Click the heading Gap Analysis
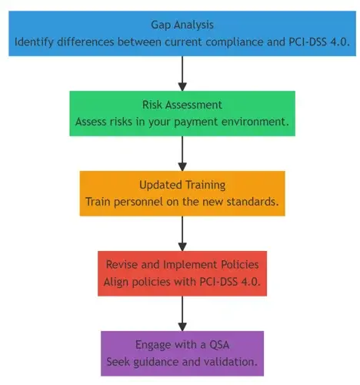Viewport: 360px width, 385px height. coord(182,25)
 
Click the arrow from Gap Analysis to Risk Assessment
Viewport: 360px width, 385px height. coord(182,73)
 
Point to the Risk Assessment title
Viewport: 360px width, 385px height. coord(182,105)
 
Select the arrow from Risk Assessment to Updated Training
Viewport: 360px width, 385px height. coord(182,153)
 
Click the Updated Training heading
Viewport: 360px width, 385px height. coord(182,185)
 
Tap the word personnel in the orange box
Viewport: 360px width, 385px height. coord(138,202)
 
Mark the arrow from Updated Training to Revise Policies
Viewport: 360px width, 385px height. coord(182,233)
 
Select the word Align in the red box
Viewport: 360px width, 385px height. coord(116,282)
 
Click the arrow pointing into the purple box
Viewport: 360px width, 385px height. coord(182,313)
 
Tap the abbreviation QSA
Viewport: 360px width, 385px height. coord(219,345)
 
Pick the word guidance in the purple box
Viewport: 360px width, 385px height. coord(156,362)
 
